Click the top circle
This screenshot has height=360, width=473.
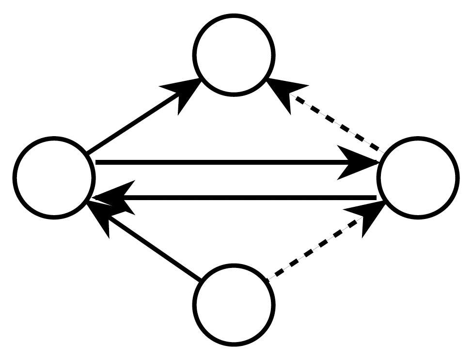(x=234, y=54)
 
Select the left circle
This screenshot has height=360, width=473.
(x=54, y=178)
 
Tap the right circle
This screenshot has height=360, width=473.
(x=418, y=178)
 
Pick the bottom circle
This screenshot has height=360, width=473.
(x=234, y=304)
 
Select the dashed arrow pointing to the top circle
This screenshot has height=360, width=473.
(x=339, y=124)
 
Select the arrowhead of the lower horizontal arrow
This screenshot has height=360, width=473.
(x=114, y=197)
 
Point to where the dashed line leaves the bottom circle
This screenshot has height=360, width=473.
(x=268, y=279)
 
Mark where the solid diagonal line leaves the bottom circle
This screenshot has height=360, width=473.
(x=200, y=280)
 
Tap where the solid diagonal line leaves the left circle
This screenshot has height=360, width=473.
(x=89, y=153)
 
